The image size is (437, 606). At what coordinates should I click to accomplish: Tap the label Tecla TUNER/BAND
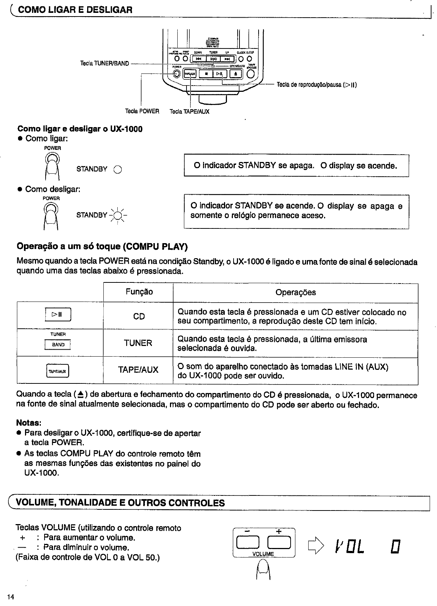point(104,63)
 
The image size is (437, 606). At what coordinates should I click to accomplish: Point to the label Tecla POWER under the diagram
point(142,111)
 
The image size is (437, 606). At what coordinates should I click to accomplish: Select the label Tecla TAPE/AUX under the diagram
point(189,111)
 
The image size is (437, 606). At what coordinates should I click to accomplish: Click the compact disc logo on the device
point(213,44)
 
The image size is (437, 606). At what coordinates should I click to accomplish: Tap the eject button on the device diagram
point(235,73)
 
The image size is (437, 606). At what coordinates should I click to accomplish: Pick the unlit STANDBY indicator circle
point(117,169)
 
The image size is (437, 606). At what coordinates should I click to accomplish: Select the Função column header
point(139,292)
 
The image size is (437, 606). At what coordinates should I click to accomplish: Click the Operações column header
point(295,292)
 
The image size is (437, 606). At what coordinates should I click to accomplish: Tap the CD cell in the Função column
point(139,316)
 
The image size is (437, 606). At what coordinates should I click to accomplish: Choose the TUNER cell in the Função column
point(138,343)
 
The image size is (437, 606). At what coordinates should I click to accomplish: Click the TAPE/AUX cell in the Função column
point(138,370)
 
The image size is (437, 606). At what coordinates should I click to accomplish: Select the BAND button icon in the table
point(58,345)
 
